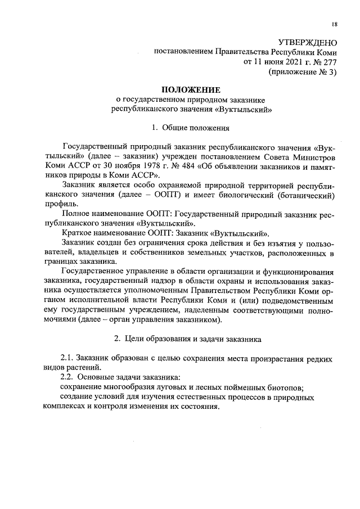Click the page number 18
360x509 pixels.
tap(335, 24)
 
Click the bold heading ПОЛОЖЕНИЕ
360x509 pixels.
tap(191, 90)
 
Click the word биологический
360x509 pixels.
tap(244, 195)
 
